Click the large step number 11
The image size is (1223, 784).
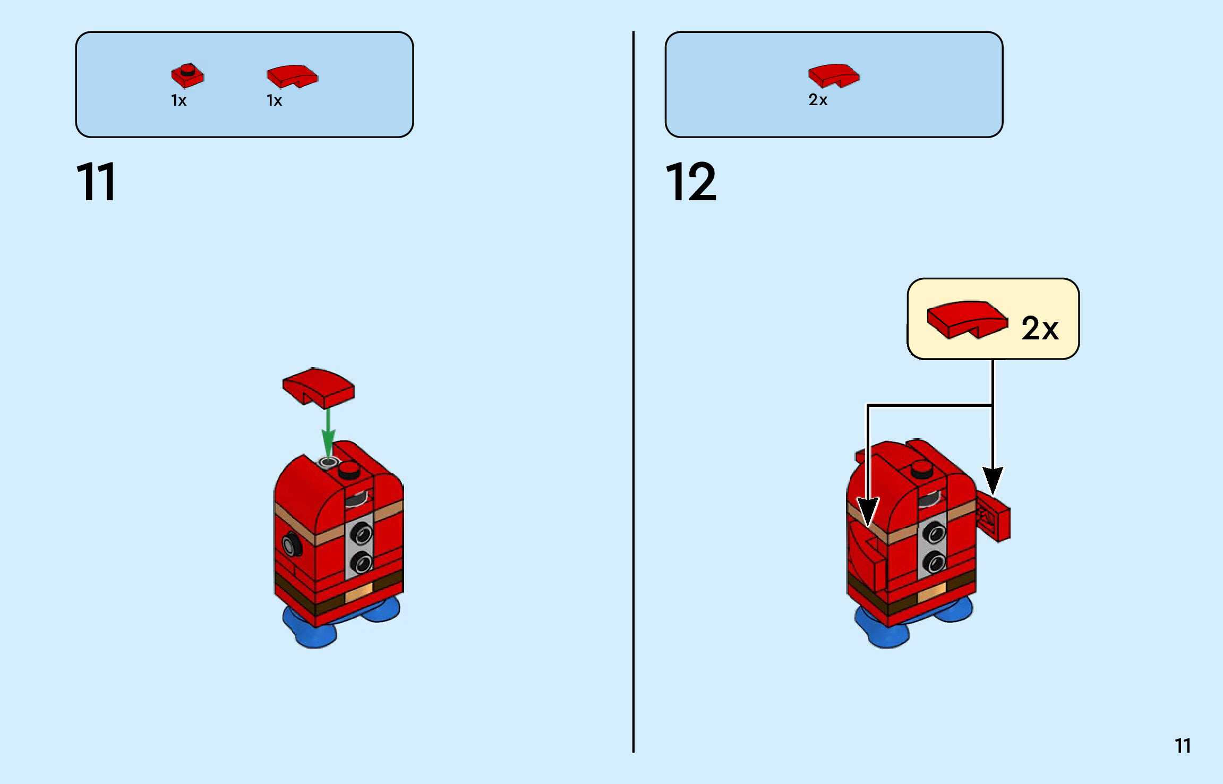pyautogui.click(x=96, y=182)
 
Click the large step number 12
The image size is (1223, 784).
pyautogui.click(x=690, y=182)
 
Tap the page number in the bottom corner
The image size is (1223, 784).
pyautogui.click(x=1182, y=746)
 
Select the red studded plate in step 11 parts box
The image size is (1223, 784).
pyautogui.click(x=187, y=76)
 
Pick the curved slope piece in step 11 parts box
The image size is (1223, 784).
pyautogui.click(x=292, y=76)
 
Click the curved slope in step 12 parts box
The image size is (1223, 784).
pyautogui.click(x=834, y=75)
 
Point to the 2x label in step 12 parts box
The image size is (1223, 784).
pyautogui.click(x=818, y=100)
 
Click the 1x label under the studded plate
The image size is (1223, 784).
pyautogui.click(x=178, y=100)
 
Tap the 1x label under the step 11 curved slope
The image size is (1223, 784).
pyautogui.click(x=274, y=100)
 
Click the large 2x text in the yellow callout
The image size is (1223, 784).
pyautogui.click(x=1040, y=328)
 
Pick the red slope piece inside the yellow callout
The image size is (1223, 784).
pyautogui.click(x=967, y=319)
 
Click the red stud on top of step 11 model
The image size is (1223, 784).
pyautogui.click(x=349, y=470)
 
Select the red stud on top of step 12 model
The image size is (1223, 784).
pyautogui.click(x=921, y=469)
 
